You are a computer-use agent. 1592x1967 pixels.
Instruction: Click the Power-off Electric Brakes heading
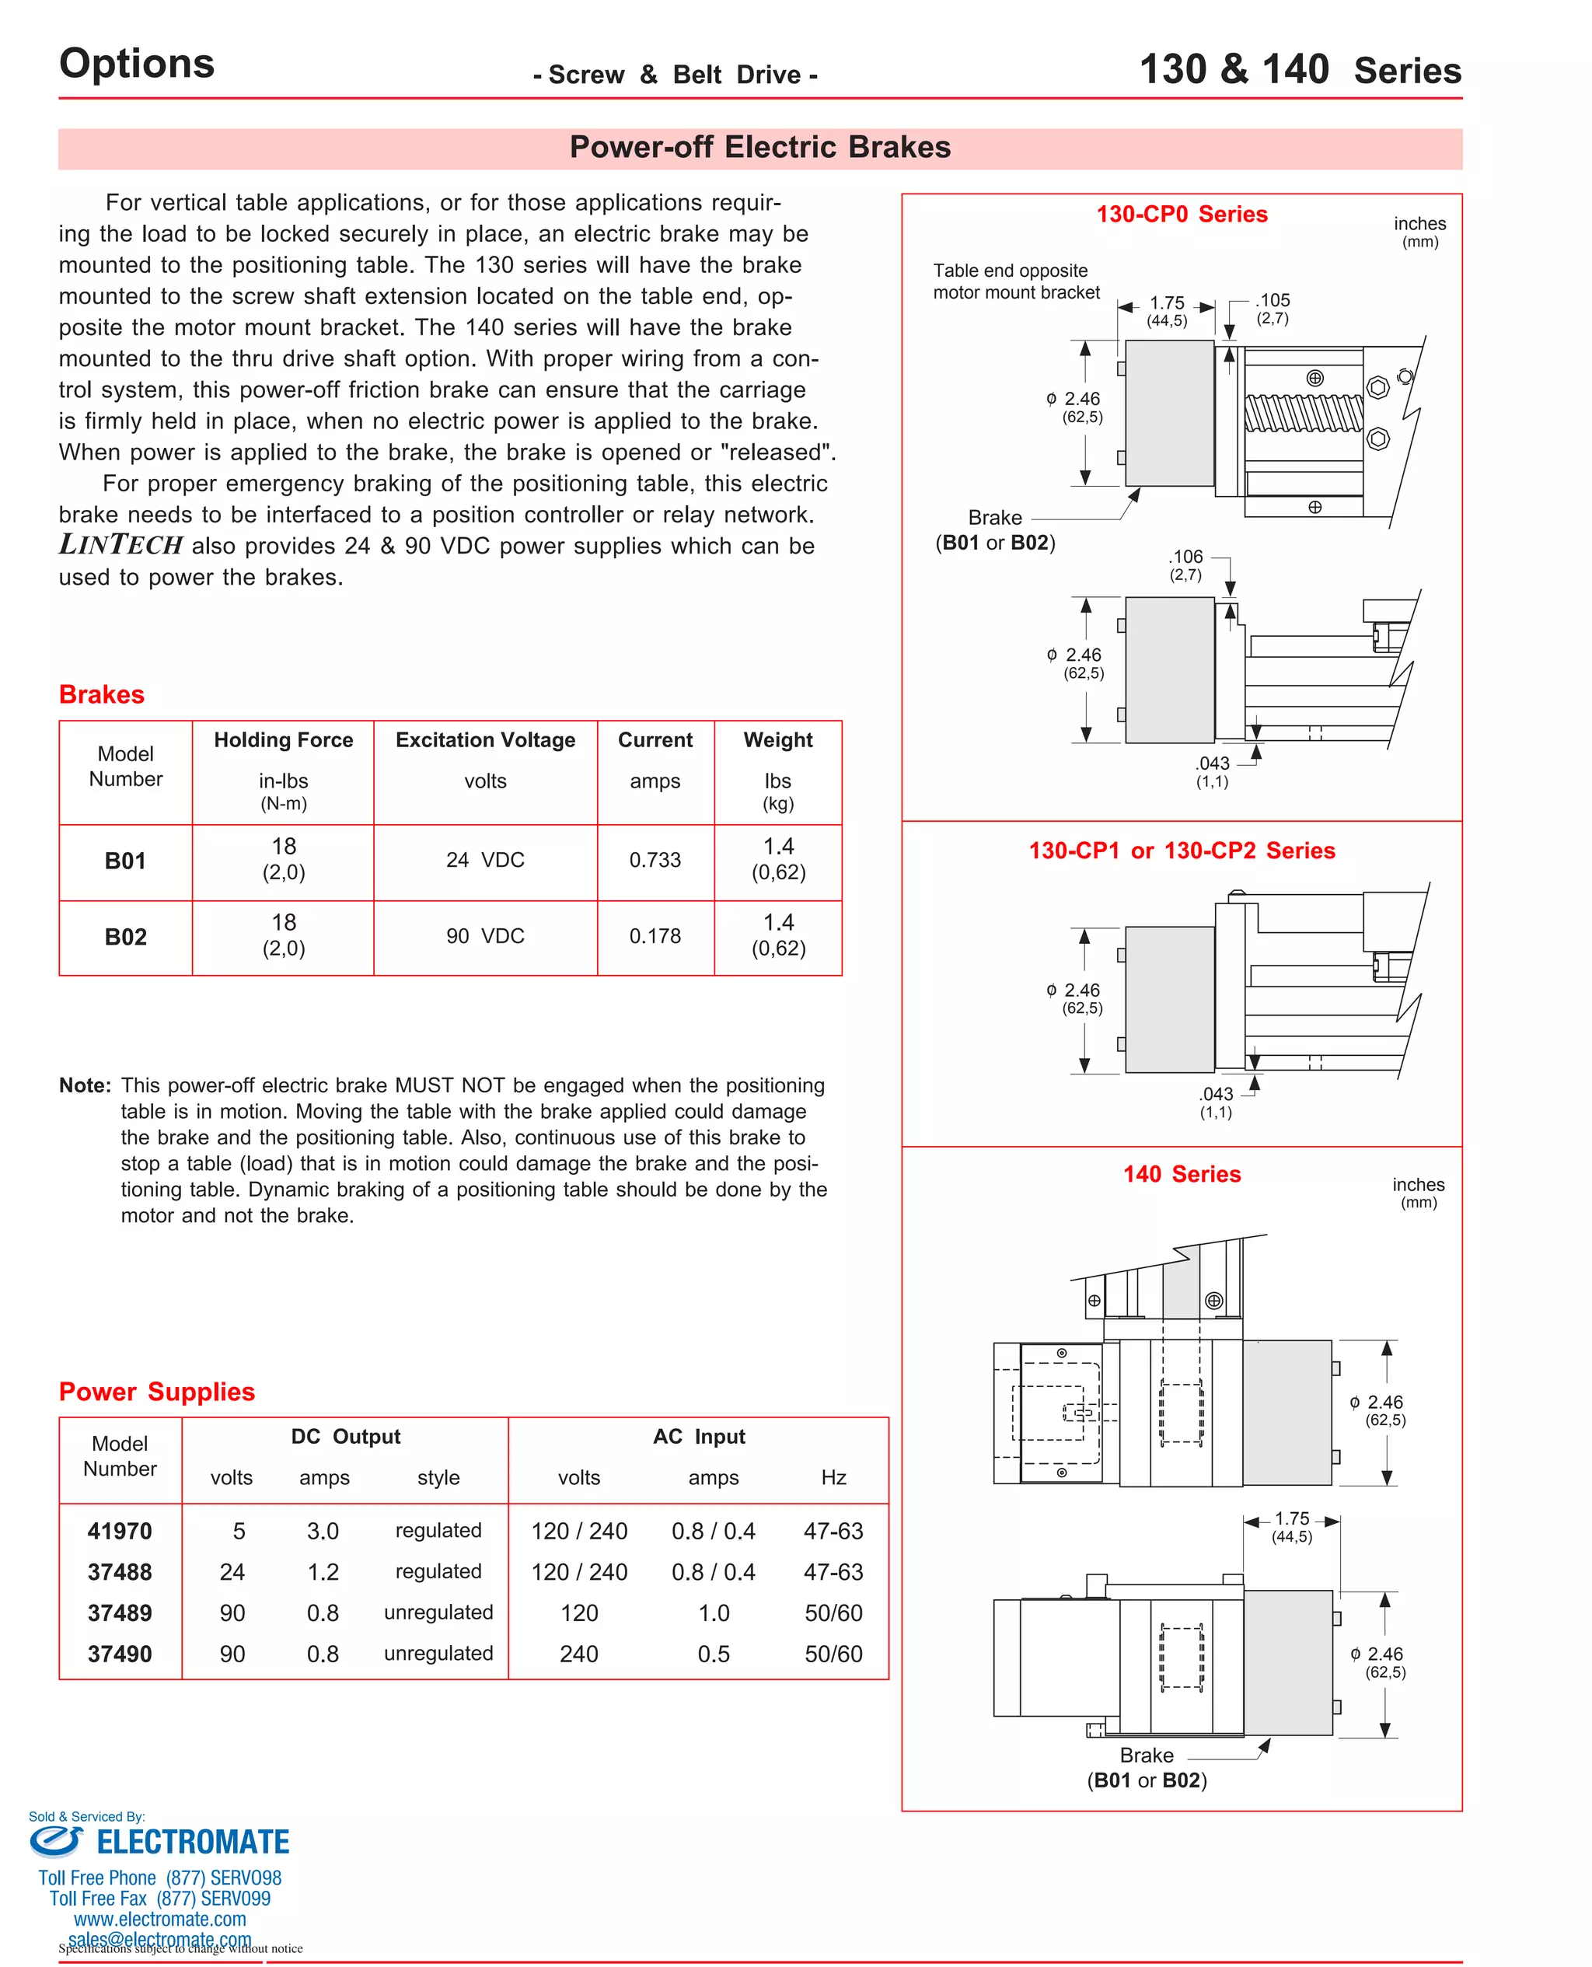[x=759, y=147]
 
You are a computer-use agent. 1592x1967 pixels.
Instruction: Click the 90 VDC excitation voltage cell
[x=485, y=935]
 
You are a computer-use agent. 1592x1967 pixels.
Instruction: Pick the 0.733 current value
[x=655, y=859]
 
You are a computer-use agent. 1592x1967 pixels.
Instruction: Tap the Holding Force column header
[x=284, y=739]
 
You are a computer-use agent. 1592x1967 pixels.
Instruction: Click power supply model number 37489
[x=119, y=1612]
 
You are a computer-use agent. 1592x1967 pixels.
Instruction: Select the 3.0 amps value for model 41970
[x=323, y=1531]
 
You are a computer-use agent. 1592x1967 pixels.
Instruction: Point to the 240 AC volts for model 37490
[x=578, y=1654]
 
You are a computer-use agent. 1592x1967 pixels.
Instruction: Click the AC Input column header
[x=699, y=1436]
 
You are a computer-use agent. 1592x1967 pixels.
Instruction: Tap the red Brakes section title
[x=102, y=694]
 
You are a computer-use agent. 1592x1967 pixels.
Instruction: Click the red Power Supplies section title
[x=157, y=1391]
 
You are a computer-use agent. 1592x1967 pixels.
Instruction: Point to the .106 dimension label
[x=1185, y=557]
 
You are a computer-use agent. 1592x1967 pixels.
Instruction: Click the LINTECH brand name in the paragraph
[x=121, y=545]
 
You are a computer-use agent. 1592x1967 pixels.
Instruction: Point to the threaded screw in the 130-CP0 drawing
[x=1302, y=413]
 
